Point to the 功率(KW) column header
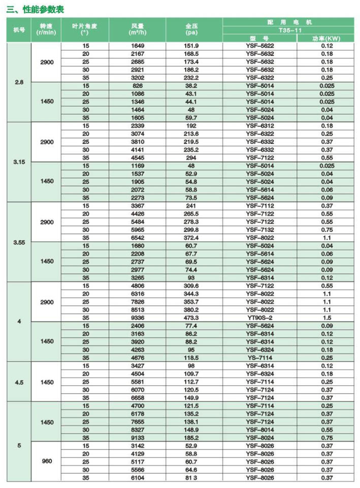(326, 39)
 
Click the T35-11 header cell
(291, 30)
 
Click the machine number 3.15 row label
(18, 162)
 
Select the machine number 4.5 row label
(18, 382)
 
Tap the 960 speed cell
(47, 462)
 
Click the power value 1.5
(326, 318)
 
